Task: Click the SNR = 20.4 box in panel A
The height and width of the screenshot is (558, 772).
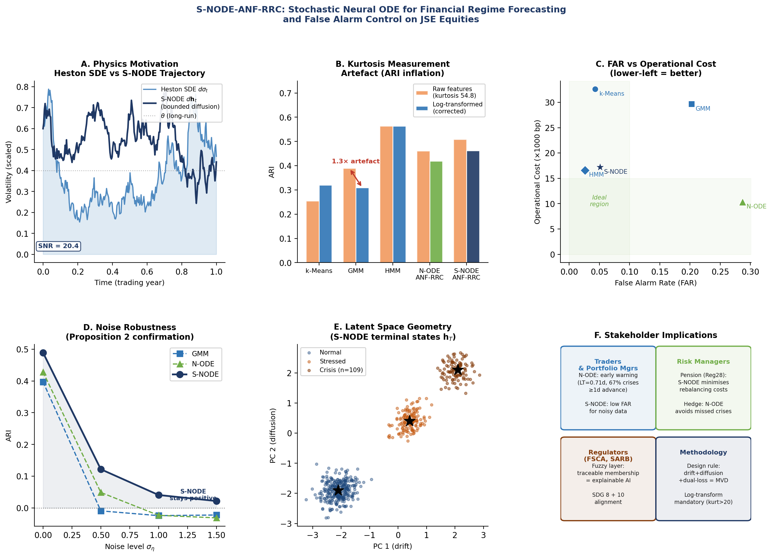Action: pos(59,246)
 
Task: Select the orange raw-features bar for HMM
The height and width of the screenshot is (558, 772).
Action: pos(386,194)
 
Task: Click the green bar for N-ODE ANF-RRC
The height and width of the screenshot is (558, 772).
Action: pos(436,212)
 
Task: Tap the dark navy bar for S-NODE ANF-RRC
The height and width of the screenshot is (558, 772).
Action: pos(473,207)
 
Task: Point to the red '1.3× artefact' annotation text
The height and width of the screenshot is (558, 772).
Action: pos(356,161)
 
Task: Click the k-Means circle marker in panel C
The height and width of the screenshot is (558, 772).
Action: pos(595,89)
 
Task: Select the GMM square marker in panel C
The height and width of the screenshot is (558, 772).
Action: pos(691,104)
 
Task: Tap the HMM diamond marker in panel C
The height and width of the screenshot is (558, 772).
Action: pos(585,171)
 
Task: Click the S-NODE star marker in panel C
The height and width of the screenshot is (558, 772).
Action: pos(600,167)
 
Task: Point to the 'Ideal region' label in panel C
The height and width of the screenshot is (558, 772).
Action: pos(599,201)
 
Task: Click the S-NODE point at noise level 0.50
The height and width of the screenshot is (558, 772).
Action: pos(101,470)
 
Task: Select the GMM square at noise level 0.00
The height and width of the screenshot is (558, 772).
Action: pos(43,382)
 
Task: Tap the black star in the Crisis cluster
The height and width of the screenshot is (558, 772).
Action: pos(458,370)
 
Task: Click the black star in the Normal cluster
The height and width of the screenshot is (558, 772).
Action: pos(338,491)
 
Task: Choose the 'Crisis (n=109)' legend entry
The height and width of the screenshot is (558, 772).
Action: pos(335,370)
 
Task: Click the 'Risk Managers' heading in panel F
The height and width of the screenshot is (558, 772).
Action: pos(703,362)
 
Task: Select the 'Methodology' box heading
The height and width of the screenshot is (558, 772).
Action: pos(703,452)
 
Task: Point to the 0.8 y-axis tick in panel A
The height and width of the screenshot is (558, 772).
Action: pos(23,87)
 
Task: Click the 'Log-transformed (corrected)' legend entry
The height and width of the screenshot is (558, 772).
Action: pos(449,108)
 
